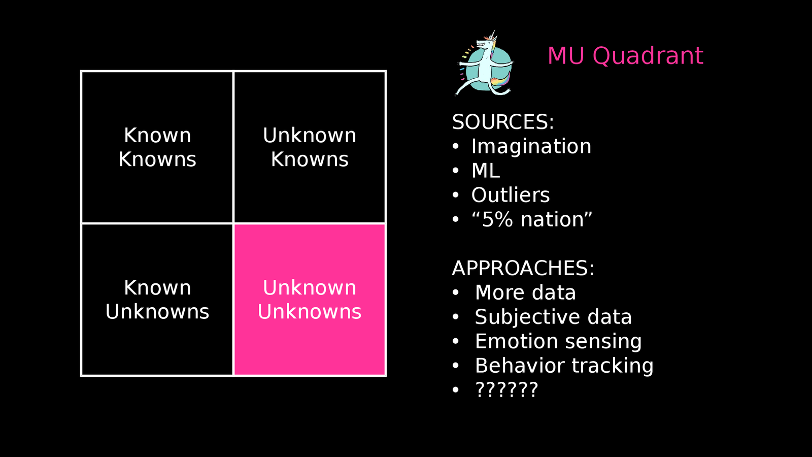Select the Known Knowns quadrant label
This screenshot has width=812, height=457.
pos(157,147)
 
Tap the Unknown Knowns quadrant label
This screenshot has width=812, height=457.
pos(310,147)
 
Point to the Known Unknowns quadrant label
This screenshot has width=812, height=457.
pos(157,300)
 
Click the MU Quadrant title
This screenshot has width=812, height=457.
pos(625,56)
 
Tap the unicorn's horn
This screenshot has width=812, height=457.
pos(493,36)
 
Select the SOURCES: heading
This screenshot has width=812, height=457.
pos(503,122)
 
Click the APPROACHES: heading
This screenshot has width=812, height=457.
pos(523,268)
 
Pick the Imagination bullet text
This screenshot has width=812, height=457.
pos(531,147)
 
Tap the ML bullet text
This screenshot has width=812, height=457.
pos(486,171)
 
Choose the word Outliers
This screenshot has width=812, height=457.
pos(510,195)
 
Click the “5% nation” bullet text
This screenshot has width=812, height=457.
pos(531,220)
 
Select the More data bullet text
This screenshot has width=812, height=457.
pos(525,293)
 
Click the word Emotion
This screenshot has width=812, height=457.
pos(516,341)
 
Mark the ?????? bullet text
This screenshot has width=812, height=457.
pos(506,390)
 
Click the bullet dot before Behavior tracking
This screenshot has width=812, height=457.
pos(456,366)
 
